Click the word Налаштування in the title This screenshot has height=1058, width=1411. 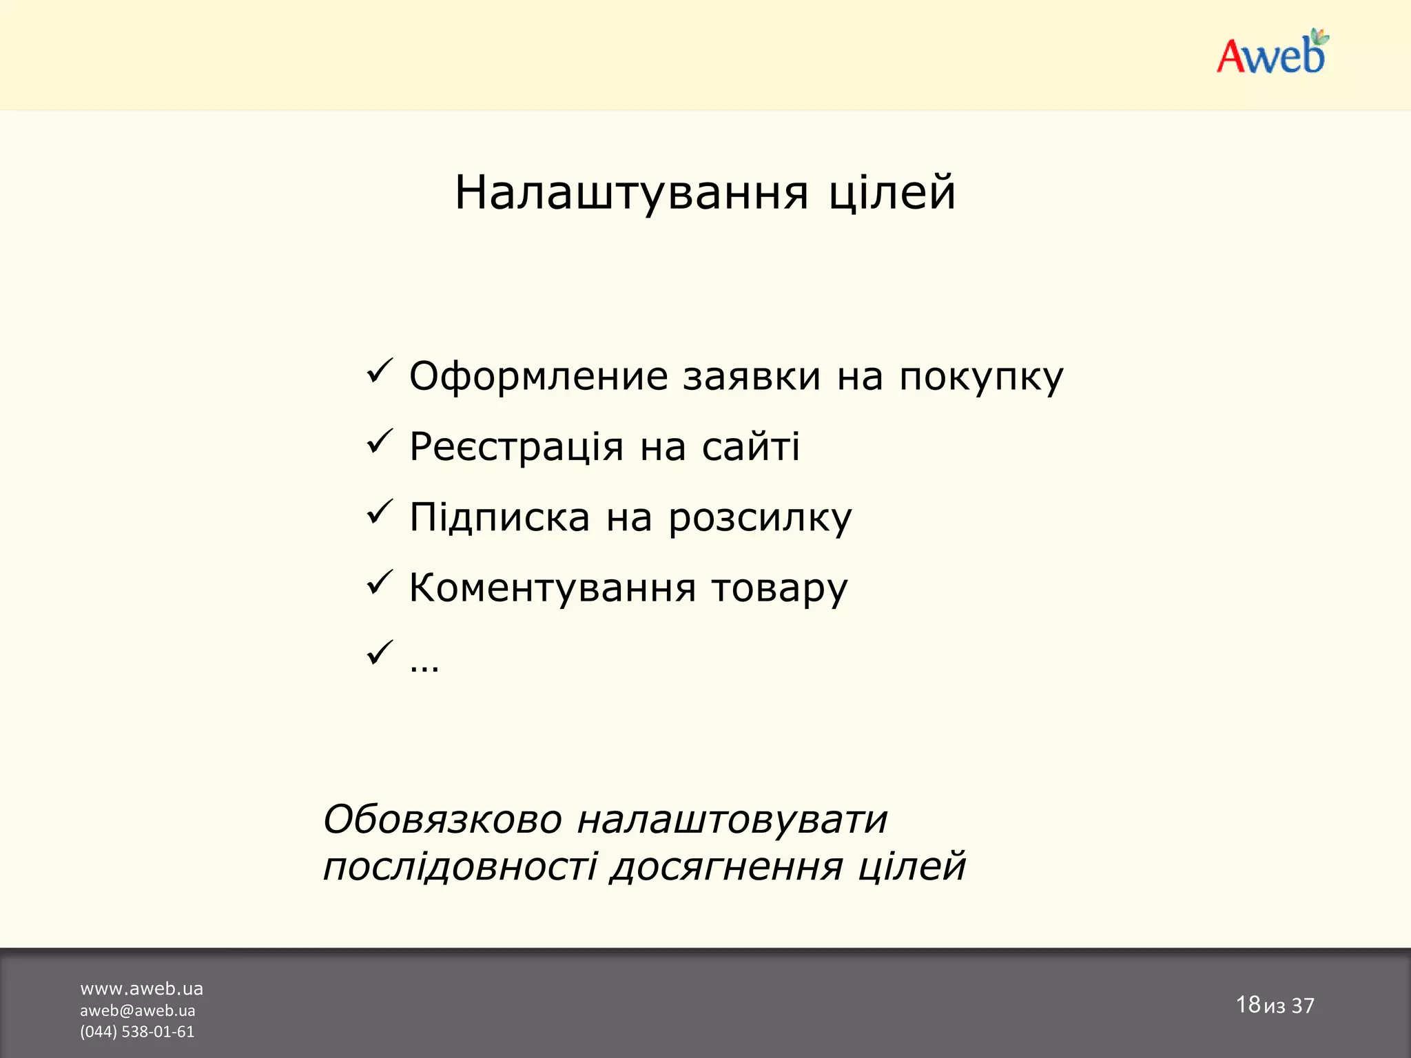(x=631, y=193)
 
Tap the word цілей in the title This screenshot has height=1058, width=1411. (x=892, y=193)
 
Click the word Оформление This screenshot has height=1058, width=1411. (x=538, y=377)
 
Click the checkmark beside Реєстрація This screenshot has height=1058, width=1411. (x=379, y=442)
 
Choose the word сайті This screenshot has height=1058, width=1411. (x=751, y=446)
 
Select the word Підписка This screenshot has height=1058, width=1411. (x=499, y=517)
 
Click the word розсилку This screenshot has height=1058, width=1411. (x=760, y=519)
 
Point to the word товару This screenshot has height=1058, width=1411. (x=779, y=590)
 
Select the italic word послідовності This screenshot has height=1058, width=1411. (x=460, y=866)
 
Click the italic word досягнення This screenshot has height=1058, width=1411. (x=726, y=867)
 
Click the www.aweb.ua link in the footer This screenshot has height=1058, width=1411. (x=141, y=989)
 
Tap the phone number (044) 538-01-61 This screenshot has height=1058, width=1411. (x=137, y=1032)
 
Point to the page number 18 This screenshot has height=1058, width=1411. (x=1248, y=1004)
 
